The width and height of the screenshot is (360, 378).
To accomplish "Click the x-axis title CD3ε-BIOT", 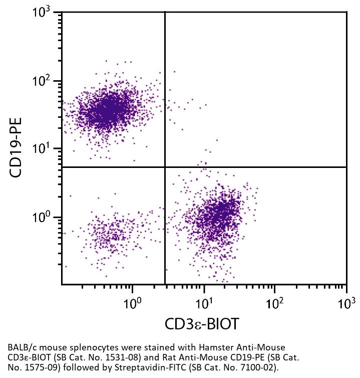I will click(201, 324).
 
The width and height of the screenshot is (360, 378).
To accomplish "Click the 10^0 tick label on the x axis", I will click(133, 303).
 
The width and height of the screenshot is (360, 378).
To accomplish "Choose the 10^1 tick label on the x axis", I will click(204, 303).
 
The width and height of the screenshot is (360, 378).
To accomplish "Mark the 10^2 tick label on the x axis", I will click(275, 303).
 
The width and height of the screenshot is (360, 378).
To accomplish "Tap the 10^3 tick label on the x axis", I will click(345, 303).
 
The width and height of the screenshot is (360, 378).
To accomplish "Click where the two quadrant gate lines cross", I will click(165, 167).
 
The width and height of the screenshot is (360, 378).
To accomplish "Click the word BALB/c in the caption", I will click(22, 347).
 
